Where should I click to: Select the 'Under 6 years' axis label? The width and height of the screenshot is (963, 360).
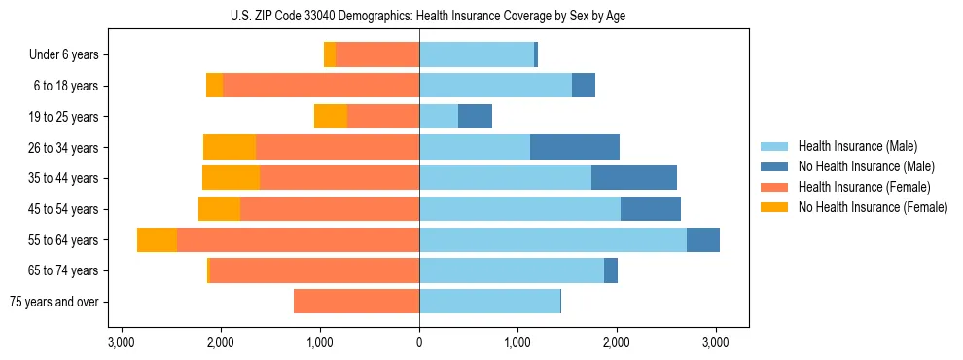click(x=64, y=55)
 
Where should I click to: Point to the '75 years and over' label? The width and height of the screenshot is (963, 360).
click(x=54, y=302)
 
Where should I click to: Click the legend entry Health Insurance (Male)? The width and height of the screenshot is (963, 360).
click(x=856, y=146)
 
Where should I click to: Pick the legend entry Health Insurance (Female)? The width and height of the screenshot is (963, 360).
click(x=863, y=187)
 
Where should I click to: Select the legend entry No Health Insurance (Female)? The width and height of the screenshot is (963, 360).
click(x=872, y=207)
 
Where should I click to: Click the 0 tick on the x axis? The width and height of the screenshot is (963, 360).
click(x=419, y=342)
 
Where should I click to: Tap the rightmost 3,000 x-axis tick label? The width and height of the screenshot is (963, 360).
click(x=716, y=342)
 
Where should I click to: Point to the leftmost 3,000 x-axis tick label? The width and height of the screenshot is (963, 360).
click(x=122, y=342)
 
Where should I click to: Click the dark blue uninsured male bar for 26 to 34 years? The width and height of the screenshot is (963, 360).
click(x=575, y=147)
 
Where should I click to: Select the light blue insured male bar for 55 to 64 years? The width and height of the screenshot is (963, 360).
click(x=553, y=239)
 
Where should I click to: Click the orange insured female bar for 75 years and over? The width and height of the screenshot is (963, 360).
click(x=356, y=302)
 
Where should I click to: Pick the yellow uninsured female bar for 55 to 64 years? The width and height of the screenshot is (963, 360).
click(x=157, y=239)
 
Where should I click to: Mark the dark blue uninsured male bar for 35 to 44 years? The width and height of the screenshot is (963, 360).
click(x=634, y=178)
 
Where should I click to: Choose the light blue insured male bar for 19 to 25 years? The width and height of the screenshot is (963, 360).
click(x=439, y=117)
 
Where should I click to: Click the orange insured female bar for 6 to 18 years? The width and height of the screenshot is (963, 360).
click(x=321, y=86)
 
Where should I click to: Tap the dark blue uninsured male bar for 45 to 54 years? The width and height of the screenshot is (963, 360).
click(x=651, y=209)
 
